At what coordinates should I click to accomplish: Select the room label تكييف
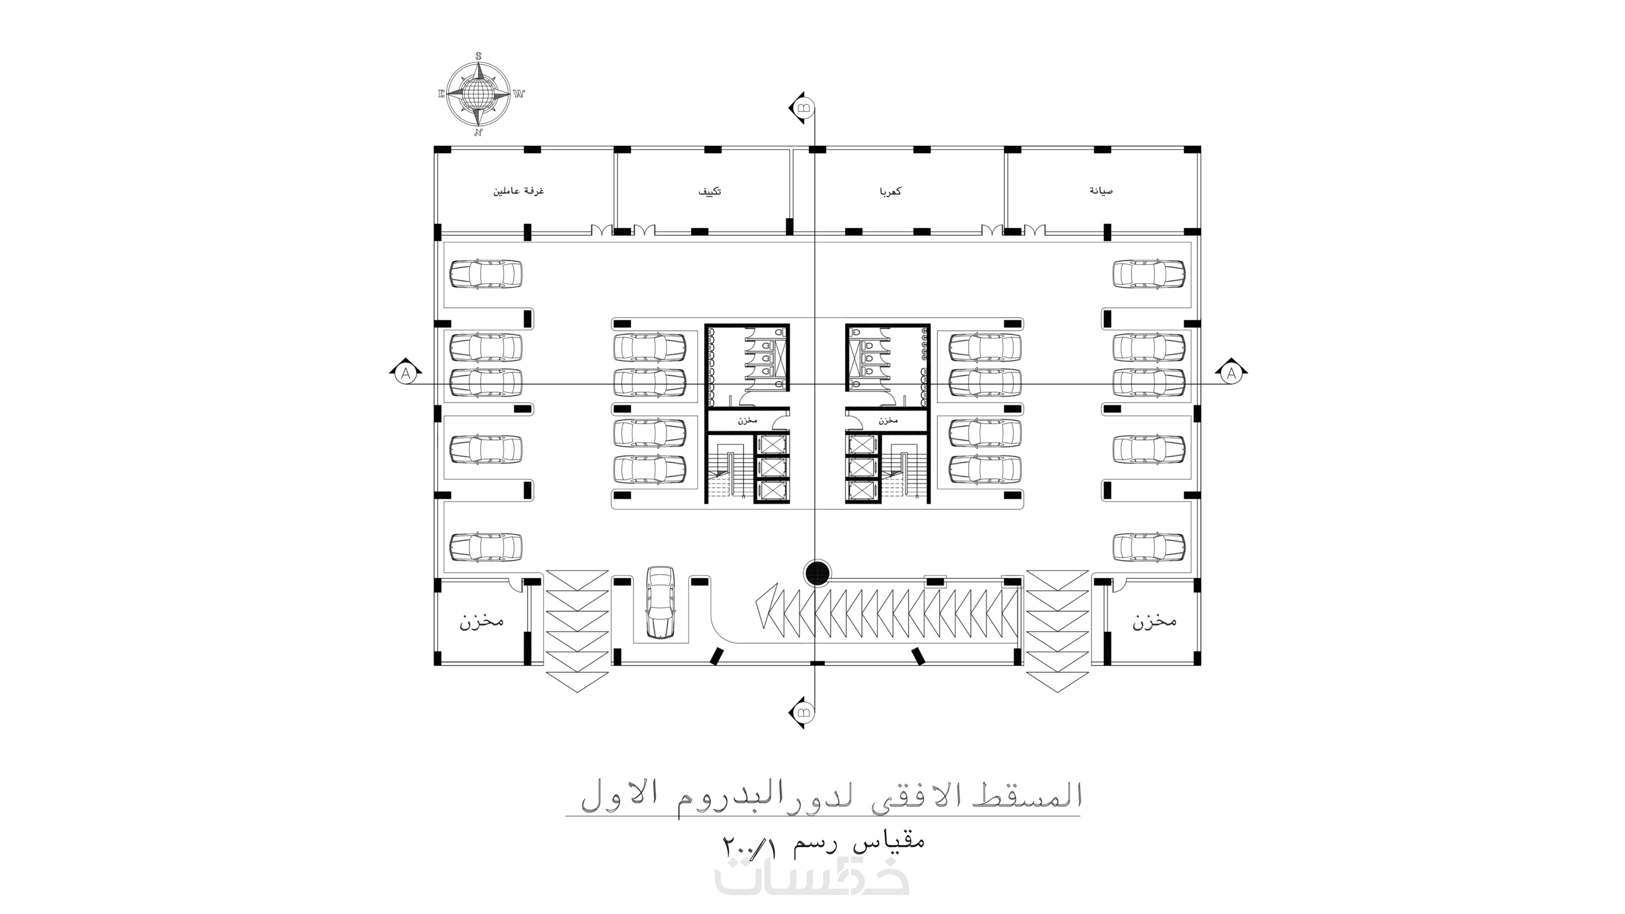click(709, 191)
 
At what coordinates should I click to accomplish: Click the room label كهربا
click(889, 191)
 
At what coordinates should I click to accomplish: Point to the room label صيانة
click(1101, 191)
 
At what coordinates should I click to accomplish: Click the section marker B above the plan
click(802, 107)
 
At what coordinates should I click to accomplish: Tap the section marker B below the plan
click(802, 713)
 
